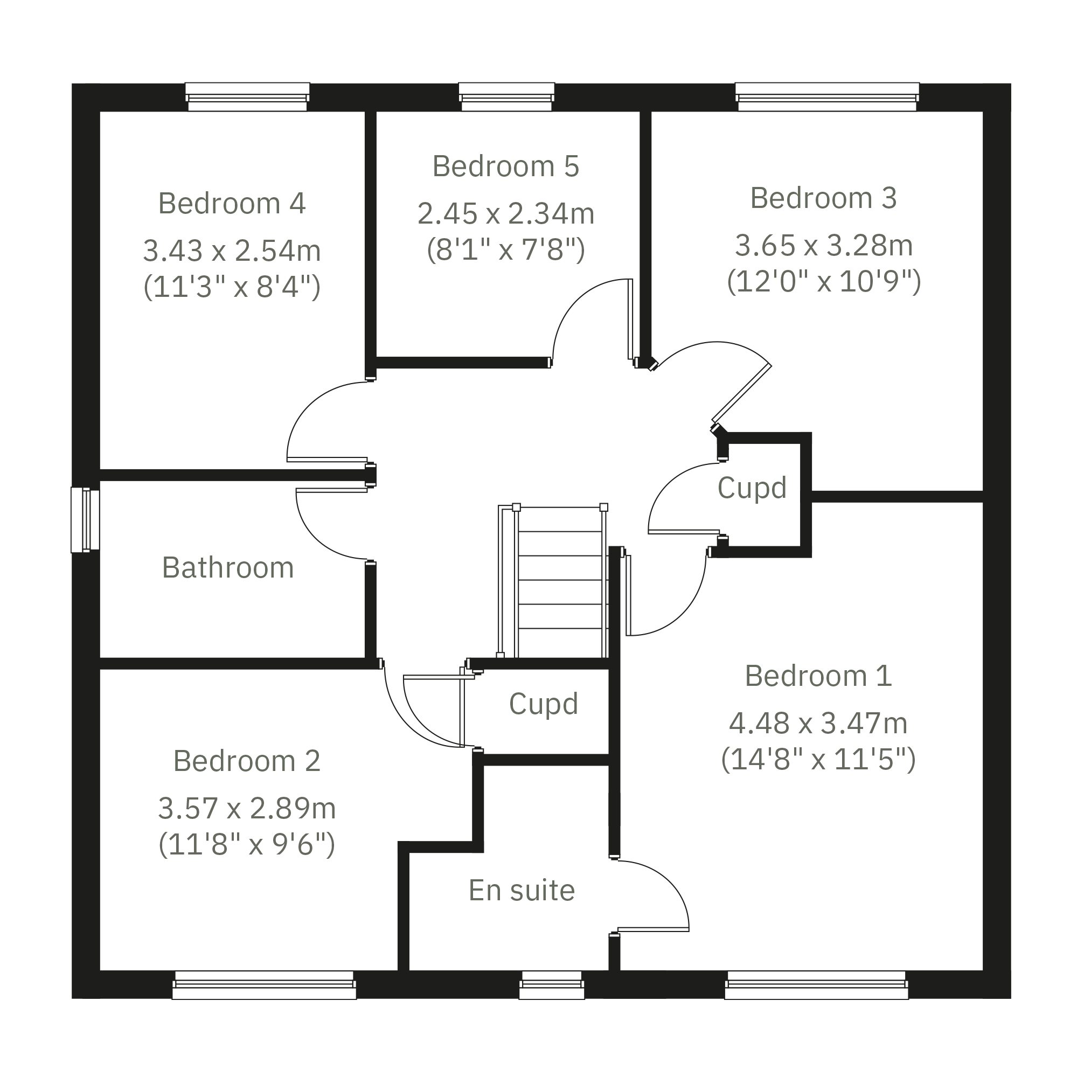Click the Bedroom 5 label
pyautogui.click(x=505, y=166)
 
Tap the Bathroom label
pyautogui.click(x=227, y=567)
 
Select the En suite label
pyautogui.click(x=522, y=891)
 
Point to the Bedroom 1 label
pyautogui.click(x=818, y=676)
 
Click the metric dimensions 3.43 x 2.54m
pyautogui.click(x=232, y=251)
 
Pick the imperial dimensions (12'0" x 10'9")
pyautogui.click(x=824, y=281)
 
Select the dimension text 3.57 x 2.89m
pyautogui.click(x=247, y=808)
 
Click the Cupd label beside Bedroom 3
pyautogui.click(x=752, y=488)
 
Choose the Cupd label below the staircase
pyautogui.click(x=543, y=704)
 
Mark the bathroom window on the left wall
pyautogui.click(x=85, y=520)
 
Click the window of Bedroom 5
pyautogui.click(x=506, y=96)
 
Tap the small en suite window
pyautogui.click(x=552, y=986)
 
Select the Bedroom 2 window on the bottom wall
pyautogui.click(x=265, y=986)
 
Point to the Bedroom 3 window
pyautogui.click(x=828, y=96)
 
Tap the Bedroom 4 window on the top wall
pyautogui.click(x=247, y=96)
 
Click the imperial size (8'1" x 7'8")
pyautogui.click(x=505, y=249)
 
